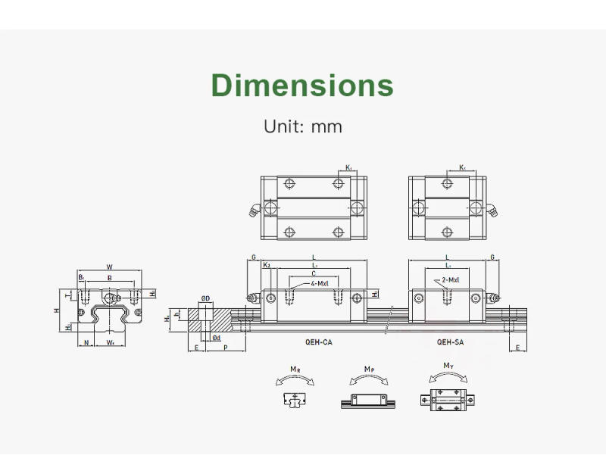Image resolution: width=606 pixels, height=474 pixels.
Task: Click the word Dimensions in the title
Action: [x=302, y=85]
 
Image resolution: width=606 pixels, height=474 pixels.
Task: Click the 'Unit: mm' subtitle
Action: [x=302, y=126]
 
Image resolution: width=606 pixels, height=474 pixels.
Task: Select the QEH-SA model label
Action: [x=451, y=342]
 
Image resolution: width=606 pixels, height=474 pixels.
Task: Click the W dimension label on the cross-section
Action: [x=110, y=267]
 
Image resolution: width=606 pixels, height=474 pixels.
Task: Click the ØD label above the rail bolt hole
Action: [x=205, y=299]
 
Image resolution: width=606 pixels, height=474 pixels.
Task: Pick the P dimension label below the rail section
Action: [x=225, y=348]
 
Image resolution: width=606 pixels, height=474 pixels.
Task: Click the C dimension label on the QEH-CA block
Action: [x=314, y=273]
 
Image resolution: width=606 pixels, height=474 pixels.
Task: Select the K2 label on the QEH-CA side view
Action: [x=266, y=266]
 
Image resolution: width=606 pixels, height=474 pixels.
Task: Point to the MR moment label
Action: [x=294, y=369]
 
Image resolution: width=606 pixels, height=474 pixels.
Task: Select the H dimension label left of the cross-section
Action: [x=57, y=311]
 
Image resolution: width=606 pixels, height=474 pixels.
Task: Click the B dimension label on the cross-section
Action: [x=110, y=278]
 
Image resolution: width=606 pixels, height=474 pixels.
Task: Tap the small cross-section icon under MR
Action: [x=294, y=400]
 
